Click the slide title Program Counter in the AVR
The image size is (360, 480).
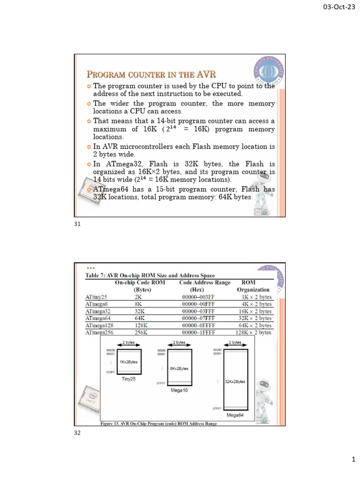coord(151,75)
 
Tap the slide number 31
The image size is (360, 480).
coord(78,224)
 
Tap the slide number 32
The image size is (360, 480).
coord(78,433)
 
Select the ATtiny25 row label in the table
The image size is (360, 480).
coord(96,297)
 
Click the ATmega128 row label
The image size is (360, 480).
coord(99,325)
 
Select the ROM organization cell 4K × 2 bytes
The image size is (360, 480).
coord(255,304)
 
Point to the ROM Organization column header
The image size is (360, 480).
coord(253,286)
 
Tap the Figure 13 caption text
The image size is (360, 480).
coord(159,424)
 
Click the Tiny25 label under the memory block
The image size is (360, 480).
coord(128,379)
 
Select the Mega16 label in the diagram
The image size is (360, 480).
coord(179,390)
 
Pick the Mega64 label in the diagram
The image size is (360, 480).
coord(235,415)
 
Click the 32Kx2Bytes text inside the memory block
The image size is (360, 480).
coord(235,382)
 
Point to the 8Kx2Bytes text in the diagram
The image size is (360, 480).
coord(179,368)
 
